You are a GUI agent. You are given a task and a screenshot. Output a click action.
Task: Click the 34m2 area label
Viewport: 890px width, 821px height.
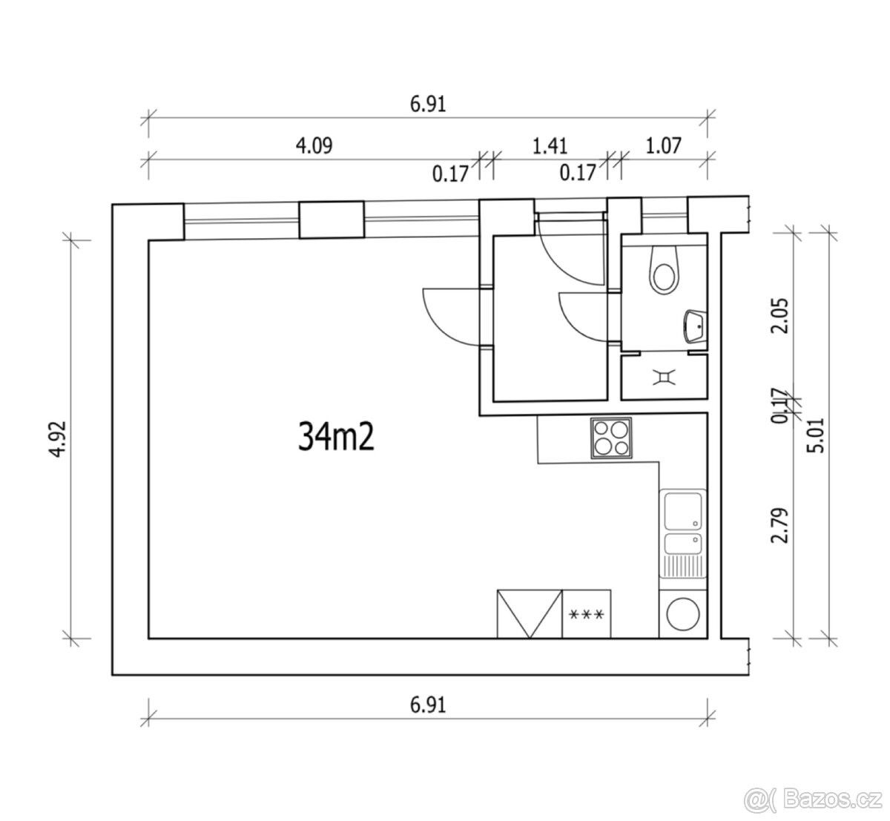click(336, 437)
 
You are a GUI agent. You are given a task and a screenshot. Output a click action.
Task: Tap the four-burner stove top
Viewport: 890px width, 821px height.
click(611, 438)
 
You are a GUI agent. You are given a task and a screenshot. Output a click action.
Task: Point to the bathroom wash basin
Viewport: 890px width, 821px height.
click(695, 326)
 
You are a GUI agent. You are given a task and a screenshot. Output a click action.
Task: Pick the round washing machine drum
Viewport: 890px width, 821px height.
click(683, 613)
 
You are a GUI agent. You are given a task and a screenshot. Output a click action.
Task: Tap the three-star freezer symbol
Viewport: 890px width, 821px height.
click(586, 614)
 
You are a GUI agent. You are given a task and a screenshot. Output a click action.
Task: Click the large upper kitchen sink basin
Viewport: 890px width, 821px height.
click(683, 510)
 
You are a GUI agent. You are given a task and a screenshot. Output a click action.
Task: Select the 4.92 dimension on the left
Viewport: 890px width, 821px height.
click(58, 439)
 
